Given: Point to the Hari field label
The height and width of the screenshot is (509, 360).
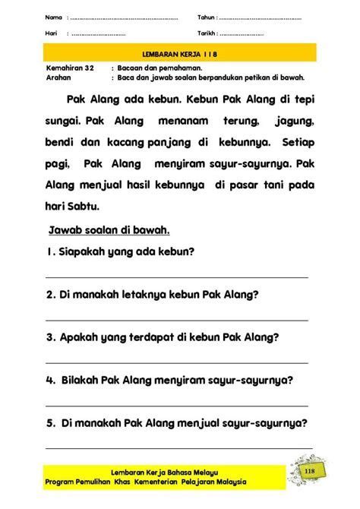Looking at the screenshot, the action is pos(52,33).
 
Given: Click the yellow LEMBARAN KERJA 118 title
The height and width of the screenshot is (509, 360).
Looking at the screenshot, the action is pos(179,54).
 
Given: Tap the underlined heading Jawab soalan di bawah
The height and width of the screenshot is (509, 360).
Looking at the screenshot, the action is pos(109,229).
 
